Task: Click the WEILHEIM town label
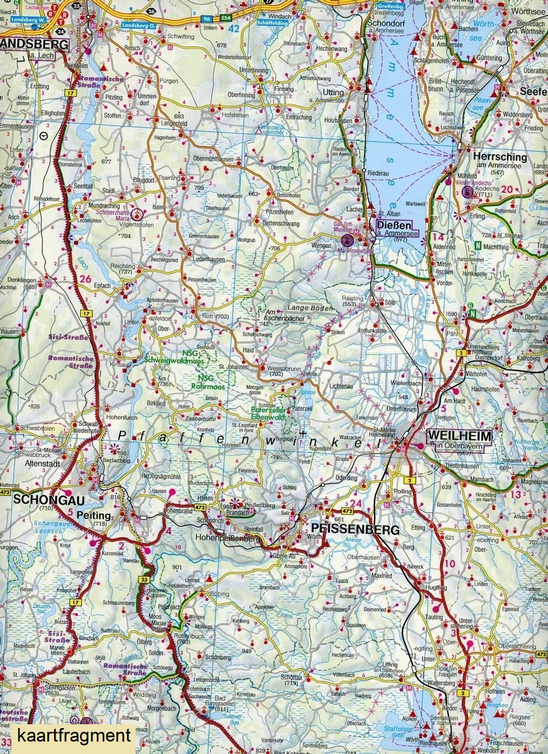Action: (459, 436)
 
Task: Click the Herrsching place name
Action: (499, 156)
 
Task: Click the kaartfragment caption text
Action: (74, 736)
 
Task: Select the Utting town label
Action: (333, 92)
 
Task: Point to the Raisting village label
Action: (353, 299)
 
